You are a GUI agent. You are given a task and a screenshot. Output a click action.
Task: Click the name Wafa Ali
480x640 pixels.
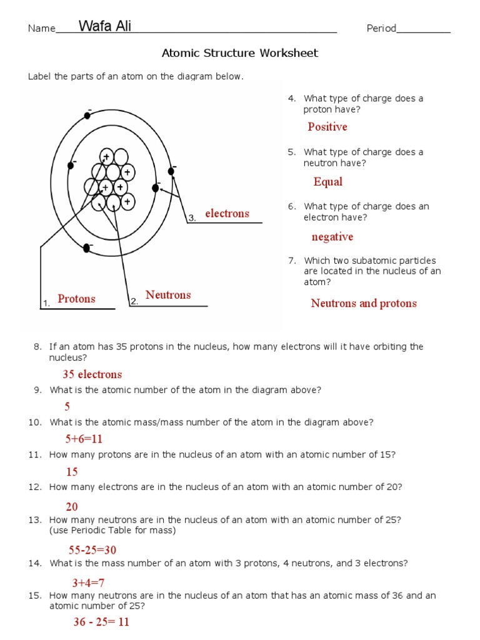(105, 26)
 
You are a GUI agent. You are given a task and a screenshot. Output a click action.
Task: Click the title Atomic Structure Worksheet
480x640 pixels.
(240, 53)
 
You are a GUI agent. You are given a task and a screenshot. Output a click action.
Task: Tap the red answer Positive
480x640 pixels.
(327, 127)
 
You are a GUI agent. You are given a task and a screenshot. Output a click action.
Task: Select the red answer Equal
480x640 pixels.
(328, 182)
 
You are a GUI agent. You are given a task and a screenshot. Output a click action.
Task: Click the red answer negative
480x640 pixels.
(332, 237)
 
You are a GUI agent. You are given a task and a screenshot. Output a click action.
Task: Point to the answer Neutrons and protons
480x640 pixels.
(364, 304)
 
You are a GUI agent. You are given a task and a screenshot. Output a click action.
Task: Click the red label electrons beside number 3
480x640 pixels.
(227, 214)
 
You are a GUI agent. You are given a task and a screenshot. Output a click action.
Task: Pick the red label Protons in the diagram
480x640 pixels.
(76, 299)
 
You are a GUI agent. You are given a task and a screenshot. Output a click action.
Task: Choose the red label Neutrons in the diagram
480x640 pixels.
(168, 295)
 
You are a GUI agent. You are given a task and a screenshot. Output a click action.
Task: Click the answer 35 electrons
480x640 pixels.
(92, 374)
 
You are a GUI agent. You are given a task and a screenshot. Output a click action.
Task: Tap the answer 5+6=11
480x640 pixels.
(84, 439)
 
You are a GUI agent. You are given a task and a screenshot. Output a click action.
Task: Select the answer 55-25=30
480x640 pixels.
(92, 550)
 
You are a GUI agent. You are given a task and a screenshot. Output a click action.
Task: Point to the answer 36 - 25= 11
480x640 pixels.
(102, 622)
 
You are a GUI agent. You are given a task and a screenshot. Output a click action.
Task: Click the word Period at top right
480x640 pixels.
(381, 29)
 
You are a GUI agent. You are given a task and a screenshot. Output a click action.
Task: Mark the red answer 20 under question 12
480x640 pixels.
(72, 507)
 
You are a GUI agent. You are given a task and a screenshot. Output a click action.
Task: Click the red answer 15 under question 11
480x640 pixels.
(72, 472)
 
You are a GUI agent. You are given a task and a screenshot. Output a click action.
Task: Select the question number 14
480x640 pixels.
(34, 563)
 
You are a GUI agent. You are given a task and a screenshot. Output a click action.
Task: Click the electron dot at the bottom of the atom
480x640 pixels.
(87, 248)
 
